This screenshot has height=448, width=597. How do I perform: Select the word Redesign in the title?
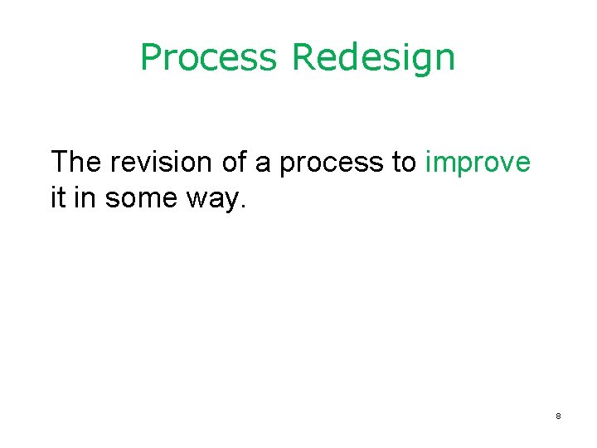(x=373, y=58)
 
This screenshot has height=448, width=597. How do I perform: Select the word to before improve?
(x=404, y=163)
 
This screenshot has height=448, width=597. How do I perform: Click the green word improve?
(x=477, y=164)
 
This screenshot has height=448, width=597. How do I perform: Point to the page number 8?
(x=558, y=416)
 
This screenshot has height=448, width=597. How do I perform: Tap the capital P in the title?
(x=151, y=57)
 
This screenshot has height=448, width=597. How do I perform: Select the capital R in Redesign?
(x=303, y=57)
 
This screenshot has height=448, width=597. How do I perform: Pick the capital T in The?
(x=61, y=162)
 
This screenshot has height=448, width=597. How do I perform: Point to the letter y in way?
(x=233, y=204)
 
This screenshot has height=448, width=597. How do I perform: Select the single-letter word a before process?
(x=263, y=164)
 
